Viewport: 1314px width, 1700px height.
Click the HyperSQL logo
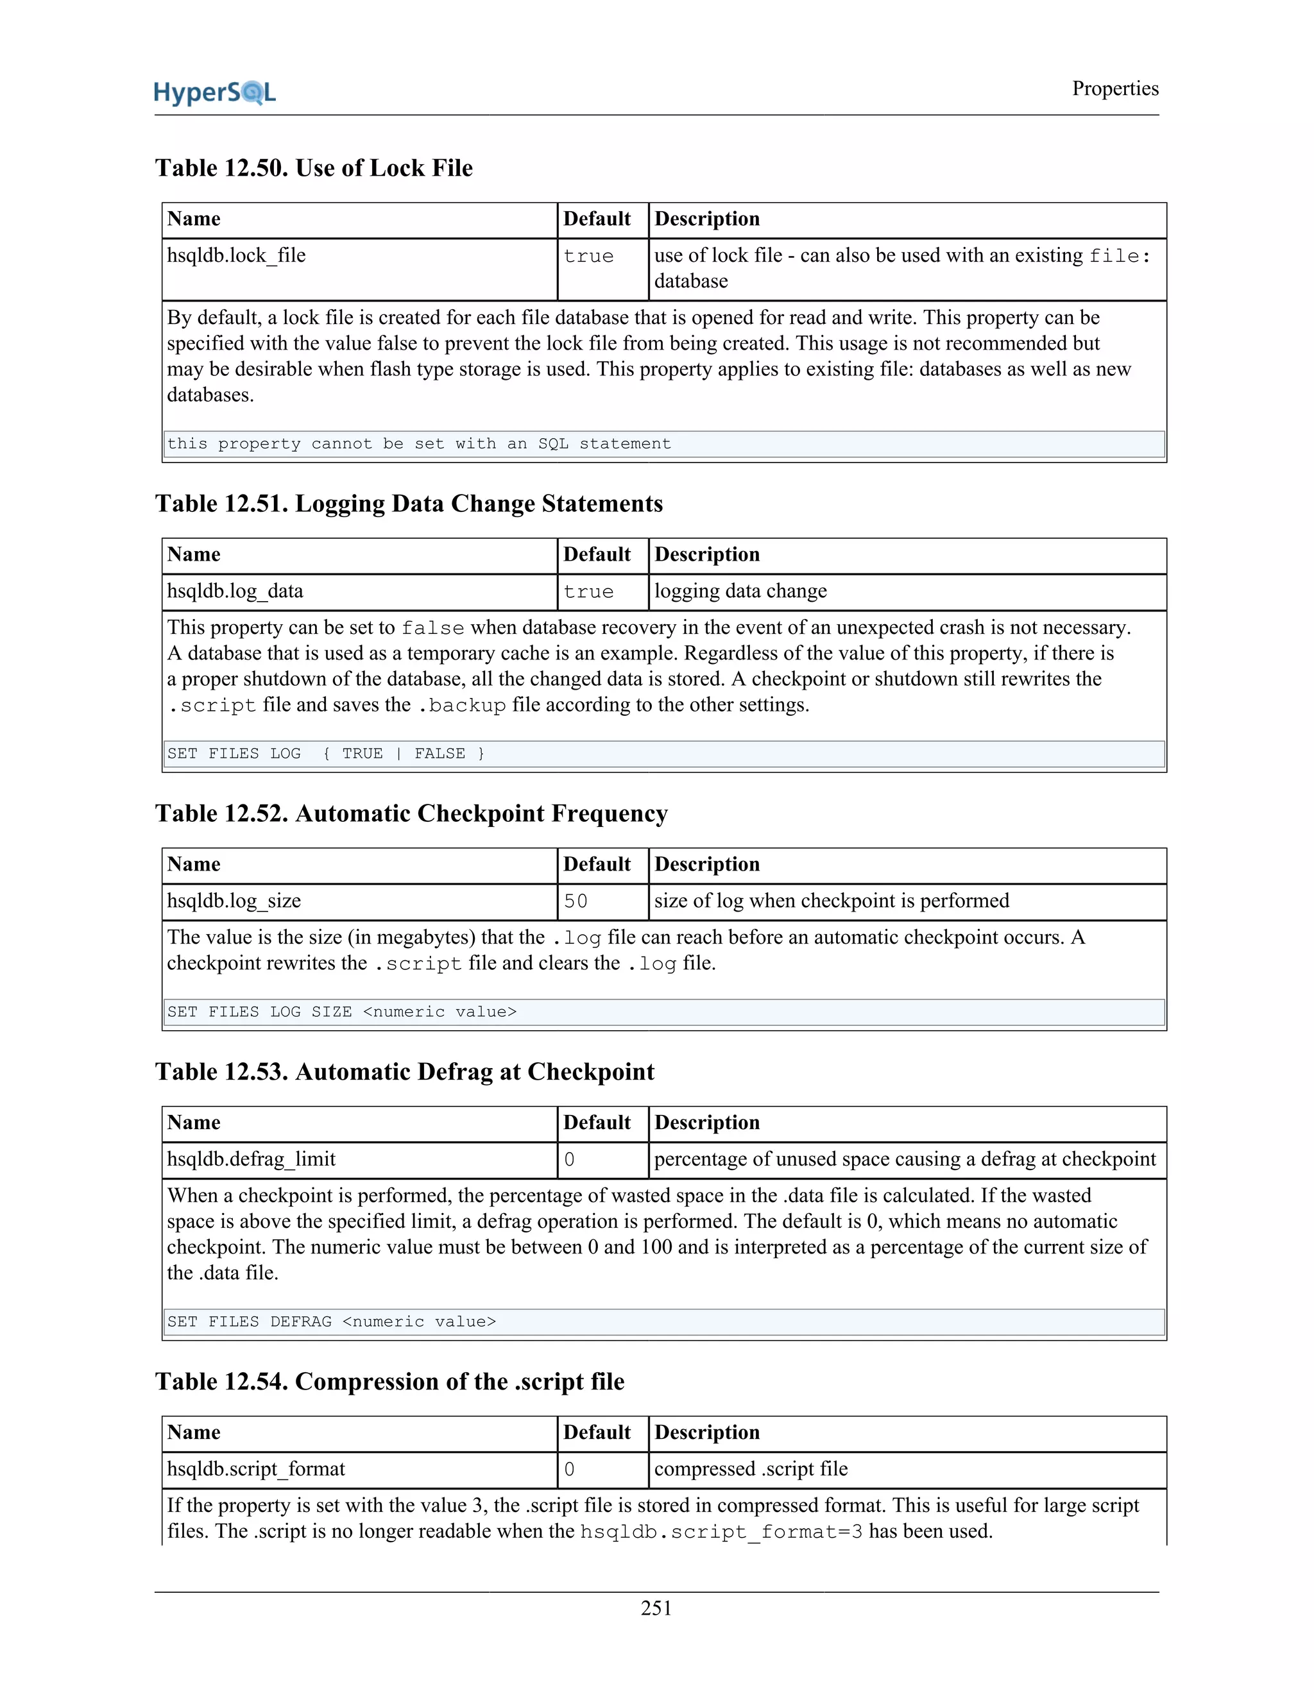(x=215, y=92)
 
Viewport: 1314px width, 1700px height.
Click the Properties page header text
(x=1114, y=89)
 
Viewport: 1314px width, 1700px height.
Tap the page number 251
(x=656, y=1608)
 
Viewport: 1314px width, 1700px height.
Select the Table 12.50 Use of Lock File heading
(x=314, y=168)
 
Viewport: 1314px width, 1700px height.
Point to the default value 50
(x=576, y=901)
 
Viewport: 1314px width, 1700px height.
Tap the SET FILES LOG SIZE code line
(x=342, y=1012)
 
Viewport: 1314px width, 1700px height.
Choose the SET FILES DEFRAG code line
(x=331, y=1322)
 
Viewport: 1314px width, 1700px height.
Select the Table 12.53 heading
(x=405, y=1072)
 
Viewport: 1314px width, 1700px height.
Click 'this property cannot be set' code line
(x=419, y=444)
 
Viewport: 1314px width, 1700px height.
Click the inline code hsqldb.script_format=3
(x=721, y=1532)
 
